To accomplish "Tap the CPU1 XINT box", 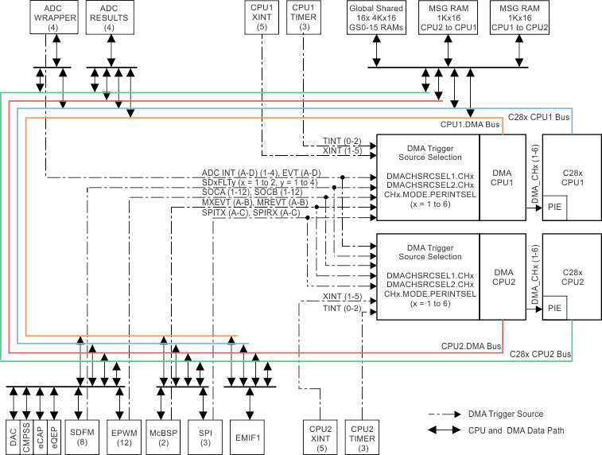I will [x=261, y=17].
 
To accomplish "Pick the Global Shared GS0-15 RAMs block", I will [x=376, y=17].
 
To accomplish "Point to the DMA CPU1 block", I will [x=500, y=177].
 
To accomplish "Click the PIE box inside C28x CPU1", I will [x=556, y=208].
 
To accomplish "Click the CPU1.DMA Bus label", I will [x=470, y=125].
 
